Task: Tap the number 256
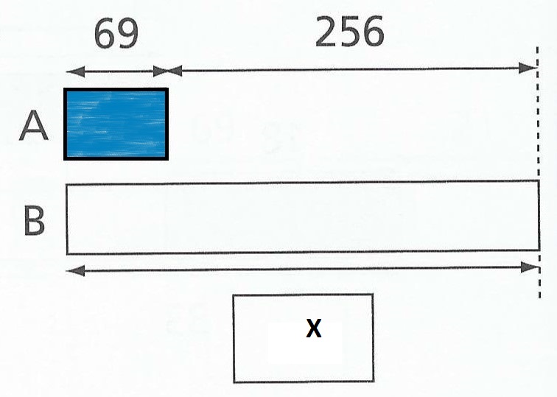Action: pyautogui.click(x=349, y=32)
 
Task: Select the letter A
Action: pyautogui.click(x=34, y=127)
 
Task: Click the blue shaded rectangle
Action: pyautogui.click(x=116, y=124)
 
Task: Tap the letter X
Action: pyautogui.click(x=314, y=329)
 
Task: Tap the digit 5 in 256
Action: pyautogui.click(x=349, y=32)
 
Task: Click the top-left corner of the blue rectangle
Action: pyautogui.click(x=66, y=90)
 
